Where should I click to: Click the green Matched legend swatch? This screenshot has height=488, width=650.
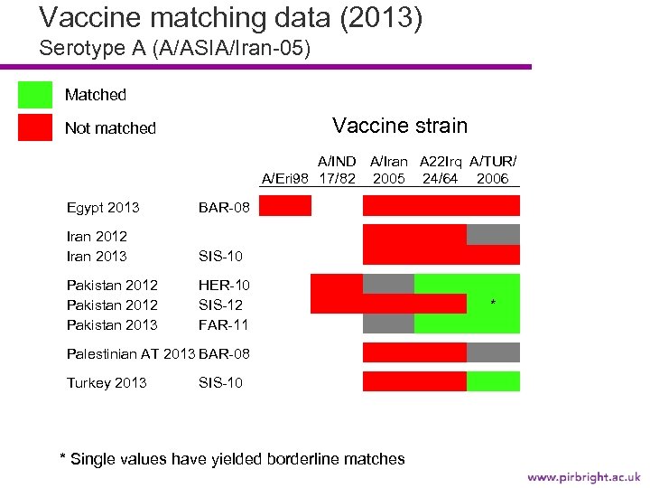(35, 95)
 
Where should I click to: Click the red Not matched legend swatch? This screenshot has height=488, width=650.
(35, 128)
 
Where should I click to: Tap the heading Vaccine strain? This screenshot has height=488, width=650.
(400, 126)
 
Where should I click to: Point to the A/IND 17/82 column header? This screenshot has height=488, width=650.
(336, 170)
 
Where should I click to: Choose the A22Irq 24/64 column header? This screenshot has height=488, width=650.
(441, 170)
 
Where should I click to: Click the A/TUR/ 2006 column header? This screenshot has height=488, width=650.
(493, 170)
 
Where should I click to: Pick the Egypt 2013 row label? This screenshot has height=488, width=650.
(103, 208)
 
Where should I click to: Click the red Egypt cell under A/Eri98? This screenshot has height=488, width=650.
(285, 206)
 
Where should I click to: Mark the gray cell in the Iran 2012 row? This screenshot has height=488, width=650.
(493, 235)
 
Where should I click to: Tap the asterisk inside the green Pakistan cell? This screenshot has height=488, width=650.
(493, 304)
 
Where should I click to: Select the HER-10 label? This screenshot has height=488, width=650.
(224, 286)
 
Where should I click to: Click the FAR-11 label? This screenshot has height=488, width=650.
(223, 324)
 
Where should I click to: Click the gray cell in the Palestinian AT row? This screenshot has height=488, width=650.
(493, 352)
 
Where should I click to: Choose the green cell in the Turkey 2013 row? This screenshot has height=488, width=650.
(493, 381)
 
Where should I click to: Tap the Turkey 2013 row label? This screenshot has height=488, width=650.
(107, 382)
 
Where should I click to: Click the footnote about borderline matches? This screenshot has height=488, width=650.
(232, 459)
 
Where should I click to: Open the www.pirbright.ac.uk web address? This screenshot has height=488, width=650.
(583, 476)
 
